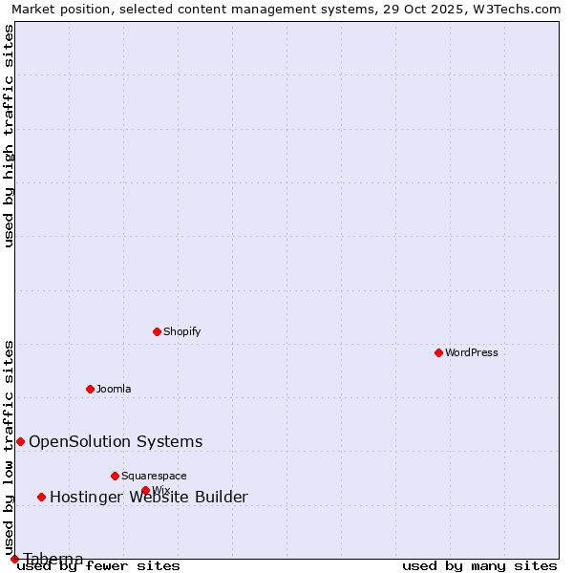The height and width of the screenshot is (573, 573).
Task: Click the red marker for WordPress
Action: coord(438,352)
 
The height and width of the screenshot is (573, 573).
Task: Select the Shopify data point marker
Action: coord(157,331)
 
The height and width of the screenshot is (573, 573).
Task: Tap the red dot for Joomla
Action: coord(90,389)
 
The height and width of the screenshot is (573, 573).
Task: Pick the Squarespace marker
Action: coord(115,476)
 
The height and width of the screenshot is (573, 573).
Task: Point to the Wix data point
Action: coord(145,490)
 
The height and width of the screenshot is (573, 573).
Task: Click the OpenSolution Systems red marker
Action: coord(20,441)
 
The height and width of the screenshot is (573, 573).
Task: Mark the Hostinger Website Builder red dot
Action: coord(41,497)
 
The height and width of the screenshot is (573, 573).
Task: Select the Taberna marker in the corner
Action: coord(14,559)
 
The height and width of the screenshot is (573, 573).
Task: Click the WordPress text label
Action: coord(472,352)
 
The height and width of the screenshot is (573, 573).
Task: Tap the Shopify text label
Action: coord(181,331)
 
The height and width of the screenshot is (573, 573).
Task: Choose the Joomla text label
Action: coord(114,389)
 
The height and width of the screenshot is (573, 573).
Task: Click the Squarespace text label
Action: coord(154,476)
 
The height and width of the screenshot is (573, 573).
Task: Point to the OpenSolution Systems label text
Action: coord(116,441)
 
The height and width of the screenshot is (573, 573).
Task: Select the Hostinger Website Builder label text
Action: coord(149,497)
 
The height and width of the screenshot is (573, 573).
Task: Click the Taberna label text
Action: coord(53,559)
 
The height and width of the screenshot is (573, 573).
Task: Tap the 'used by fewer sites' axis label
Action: coord(98,565)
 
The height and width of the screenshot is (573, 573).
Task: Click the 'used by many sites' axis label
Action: coord(479,565)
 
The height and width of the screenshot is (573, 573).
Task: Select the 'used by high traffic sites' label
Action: coord(9,136)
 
